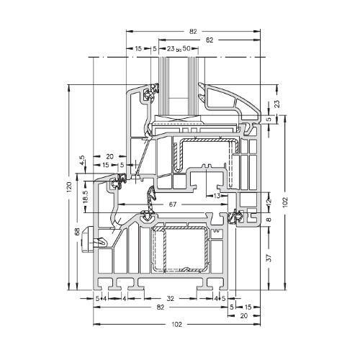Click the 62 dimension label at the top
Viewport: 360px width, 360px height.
210,40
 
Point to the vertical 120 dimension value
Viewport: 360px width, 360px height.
69,187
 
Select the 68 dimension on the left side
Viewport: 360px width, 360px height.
77,232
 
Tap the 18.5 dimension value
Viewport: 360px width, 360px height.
86,197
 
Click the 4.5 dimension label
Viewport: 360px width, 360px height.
82,160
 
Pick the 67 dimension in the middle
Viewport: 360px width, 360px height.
173,204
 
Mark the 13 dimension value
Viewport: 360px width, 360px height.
217,196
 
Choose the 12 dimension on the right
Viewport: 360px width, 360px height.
269,201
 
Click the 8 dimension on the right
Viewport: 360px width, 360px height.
269,219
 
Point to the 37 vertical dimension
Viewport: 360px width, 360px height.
269,258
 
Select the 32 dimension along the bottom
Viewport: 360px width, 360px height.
170,299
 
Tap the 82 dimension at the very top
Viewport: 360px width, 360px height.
193,32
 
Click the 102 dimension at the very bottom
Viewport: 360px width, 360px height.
177,325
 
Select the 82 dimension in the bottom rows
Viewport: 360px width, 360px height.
160,307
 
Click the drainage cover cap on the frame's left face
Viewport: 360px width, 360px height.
87,239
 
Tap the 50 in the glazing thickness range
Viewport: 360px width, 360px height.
186,48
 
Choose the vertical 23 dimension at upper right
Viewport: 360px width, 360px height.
276,104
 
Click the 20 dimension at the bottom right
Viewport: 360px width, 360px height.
243,316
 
